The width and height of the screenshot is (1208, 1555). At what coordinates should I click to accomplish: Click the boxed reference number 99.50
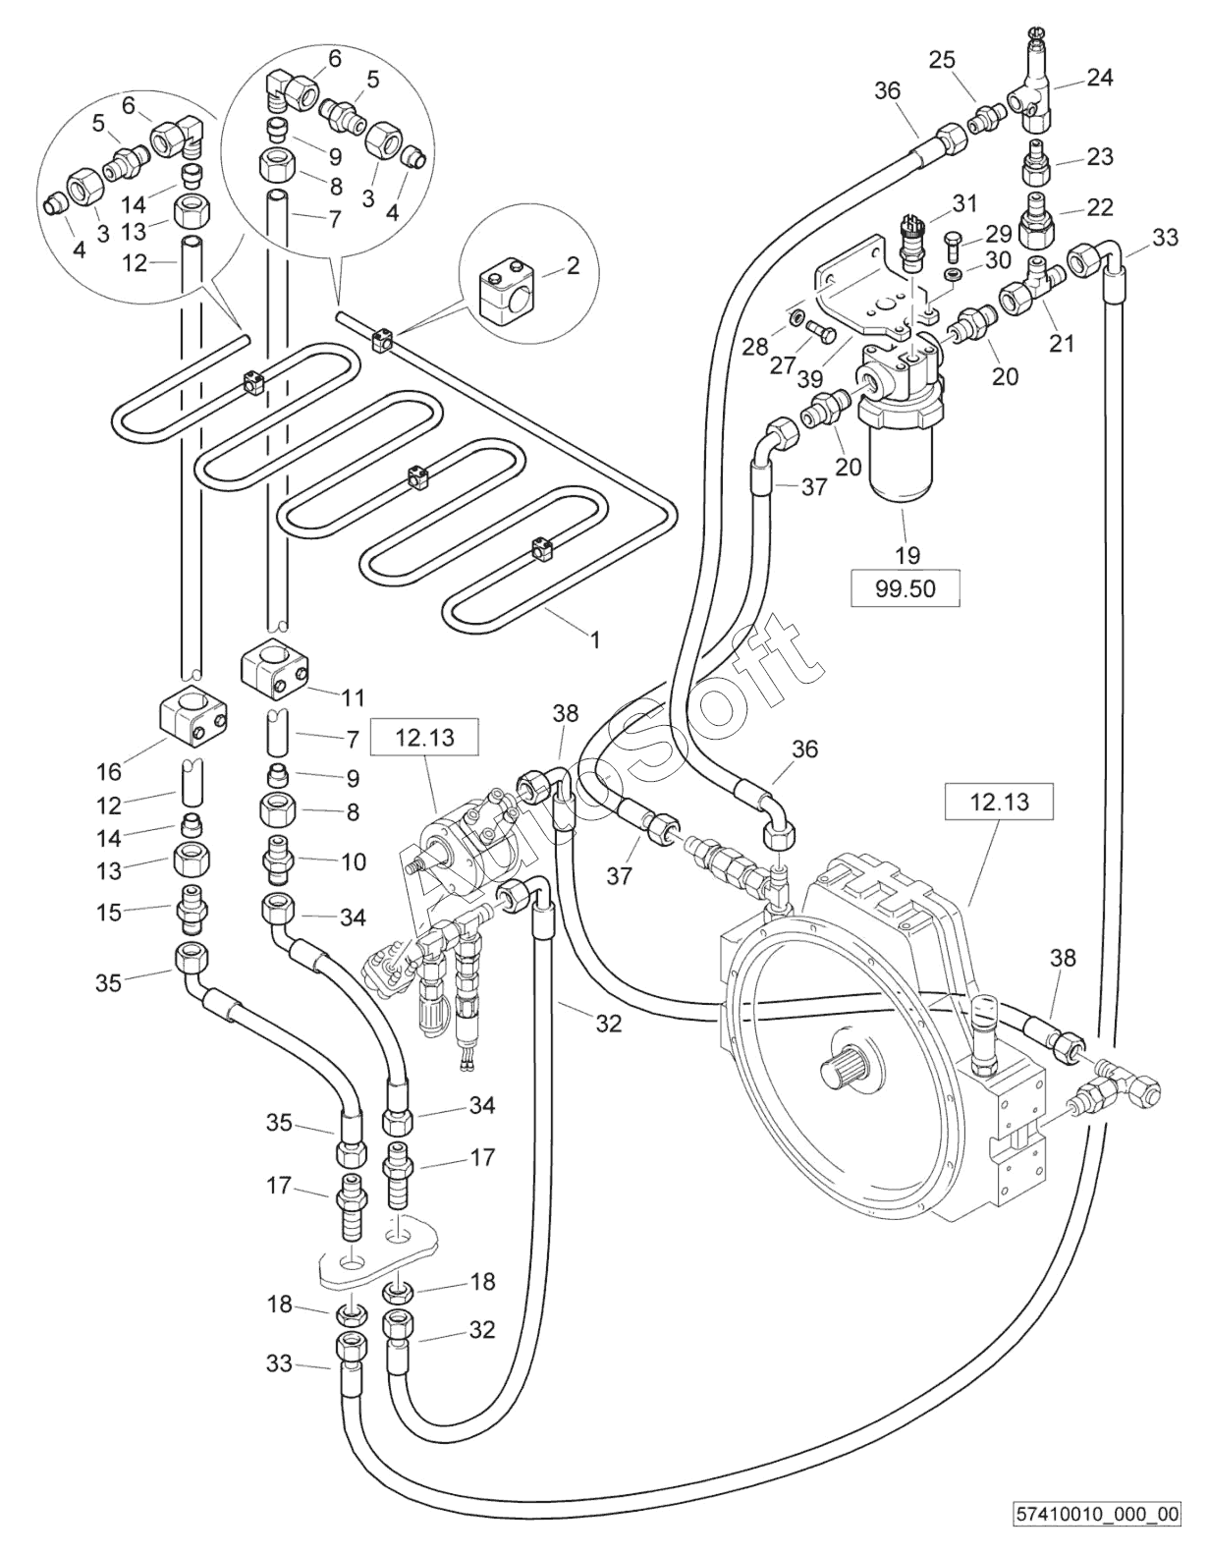click(905, 589)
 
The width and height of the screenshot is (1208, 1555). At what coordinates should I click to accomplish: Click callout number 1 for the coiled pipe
click(593, 639)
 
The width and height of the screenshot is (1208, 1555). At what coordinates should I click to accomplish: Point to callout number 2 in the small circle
click(573, 267)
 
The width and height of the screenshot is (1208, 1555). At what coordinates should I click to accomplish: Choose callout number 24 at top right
click(1099, 78)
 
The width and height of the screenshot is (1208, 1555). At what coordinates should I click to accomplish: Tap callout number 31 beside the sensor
click(963, 204)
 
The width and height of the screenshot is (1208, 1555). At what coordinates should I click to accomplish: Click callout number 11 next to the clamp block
click(353, 696)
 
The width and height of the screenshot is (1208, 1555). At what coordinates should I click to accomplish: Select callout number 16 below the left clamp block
click(109, 772)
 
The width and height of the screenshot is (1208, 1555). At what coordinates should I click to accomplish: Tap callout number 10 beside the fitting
click(354, 861)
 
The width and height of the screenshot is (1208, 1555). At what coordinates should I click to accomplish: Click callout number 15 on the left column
click(109, 914)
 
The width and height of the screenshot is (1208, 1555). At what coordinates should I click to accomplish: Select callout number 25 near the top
click(942, 61)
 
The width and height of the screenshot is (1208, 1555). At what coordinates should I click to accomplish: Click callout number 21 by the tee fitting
click(1062, 344)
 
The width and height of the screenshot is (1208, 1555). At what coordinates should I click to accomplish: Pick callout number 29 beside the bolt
click(998, 233)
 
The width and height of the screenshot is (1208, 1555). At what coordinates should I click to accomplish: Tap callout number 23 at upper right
click(1099, 156)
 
